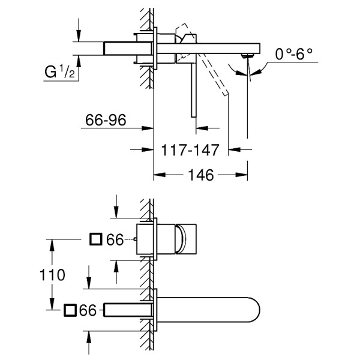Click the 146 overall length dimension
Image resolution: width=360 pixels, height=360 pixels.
click(x=201, y=175)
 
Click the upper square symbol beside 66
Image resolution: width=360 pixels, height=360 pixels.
click(x=95, y=240)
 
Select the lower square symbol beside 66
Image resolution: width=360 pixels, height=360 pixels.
click(x=70, y=310)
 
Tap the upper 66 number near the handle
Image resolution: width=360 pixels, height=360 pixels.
click(x=115, y=240)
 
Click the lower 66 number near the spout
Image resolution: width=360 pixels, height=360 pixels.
click(x=88, y=310)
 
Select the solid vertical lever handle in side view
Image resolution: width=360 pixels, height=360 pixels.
click(x=193, y=90)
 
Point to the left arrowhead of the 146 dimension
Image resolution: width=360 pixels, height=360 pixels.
click(x=158, y=175)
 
